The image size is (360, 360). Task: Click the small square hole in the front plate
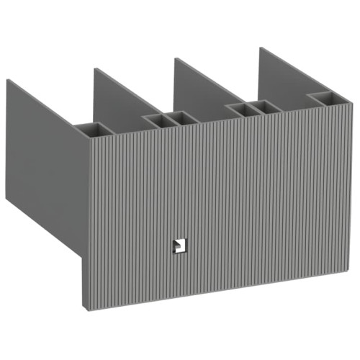point(176,246)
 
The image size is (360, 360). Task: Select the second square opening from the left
point(154,119)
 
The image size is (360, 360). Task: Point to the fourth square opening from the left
point(238,108)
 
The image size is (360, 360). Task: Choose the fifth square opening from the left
point(266,105)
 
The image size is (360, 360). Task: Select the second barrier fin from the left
point(119,94)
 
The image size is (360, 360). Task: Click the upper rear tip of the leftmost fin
point(7,80)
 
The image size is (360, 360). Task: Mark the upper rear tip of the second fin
point(94,69)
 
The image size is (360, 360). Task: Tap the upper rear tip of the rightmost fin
point(260,48)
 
